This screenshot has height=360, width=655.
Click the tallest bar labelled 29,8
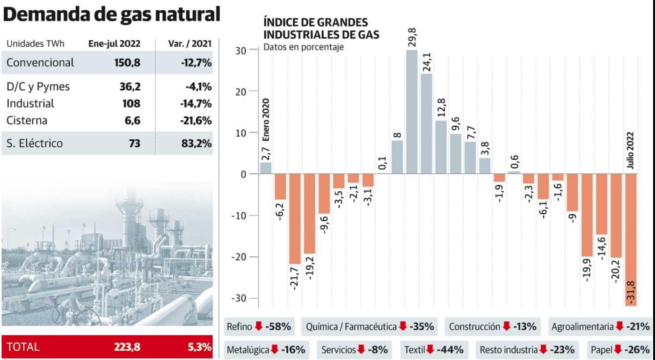point(412,112)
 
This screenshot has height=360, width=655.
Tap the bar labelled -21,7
point(295,218)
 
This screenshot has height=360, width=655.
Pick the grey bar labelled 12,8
point(441,147)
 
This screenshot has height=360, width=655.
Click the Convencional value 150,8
point(127,63)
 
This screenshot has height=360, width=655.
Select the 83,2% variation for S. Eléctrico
point(196,143)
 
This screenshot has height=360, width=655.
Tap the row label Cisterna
point(27,120)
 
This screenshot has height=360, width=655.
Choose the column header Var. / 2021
point(189,44)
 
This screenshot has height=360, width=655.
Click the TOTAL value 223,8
point(127,347)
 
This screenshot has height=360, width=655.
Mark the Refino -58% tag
point(259,326)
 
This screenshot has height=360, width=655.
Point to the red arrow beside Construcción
point(506,326)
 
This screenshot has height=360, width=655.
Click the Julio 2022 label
point(631,151)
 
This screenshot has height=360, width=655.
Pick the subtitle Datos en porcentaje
point(304,47)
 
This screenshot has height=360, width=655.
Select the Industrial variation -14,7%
point(196,103)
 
